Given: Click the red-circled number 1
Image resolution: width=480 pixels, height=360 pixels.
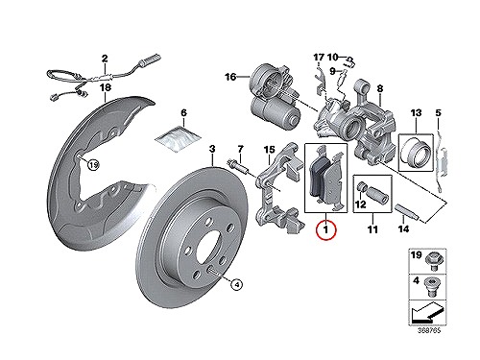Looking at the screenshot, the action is pyautogui.click(x=325, y=229).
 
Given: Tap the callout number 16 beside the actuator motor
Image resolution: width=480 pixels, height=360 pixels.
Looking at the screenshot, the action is pyautogui.click(x=230, y=77).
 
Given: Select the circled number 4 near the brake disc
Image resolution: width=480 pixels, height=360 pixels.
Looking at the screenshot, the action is pyautogui.click(x=236, y=284).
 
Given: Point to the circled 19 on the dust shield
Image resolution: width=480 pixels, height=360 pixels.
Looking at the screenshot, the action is pyautogui.click(x=93, y=165).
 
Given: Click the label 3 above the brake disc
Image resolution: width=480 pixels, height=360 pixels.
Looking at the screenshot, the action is pyautogui.click(x=212, y=149).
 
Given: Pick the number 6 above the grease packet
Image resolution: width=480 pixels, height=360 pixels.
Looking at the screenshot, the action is pyautogui.click(x=183, y=113).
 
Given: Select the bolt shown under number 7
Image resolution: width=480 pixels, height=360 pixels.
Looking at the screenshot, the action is pyautogui.click(x=238, y=167).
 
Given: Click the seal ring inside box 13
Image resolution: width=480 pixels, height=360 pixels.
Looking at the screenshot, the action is pyautogui.click(x=416, y=152).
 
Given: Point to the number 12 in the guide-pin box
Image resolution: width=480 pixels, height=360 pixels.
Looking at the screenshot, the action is pyautogui.click(x=360, y=204).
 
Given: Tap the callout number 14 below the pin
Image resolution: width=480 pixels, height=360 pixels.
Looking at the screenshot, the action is pyautogui.click(x=403, y=229).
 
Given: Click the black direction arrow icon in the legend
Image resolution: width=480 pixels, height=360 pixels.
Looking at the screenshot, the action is pyautogui.click(x=427, y=312).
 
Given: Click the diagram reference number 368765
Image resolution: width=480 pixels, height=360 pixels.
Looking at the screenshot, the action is pyautogui.click(x=429, y=330).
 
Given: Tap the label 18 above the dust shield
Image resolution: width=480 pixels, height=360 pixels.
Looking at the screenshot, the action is pyautogui.click(x=106, y=87).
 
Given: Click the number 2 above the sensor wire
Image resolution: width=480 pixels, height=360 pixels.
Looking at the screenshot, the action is pyautogui.click(x=105, y=59).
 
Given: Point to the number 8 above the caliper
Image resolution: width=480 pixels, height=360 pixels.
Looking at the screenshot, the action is pyautogui.click(x=379, y=88).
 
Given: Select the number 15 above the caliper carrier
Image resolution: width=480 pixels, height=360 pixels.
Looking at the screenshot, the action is pyautogui.click(x=269, y=149).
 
